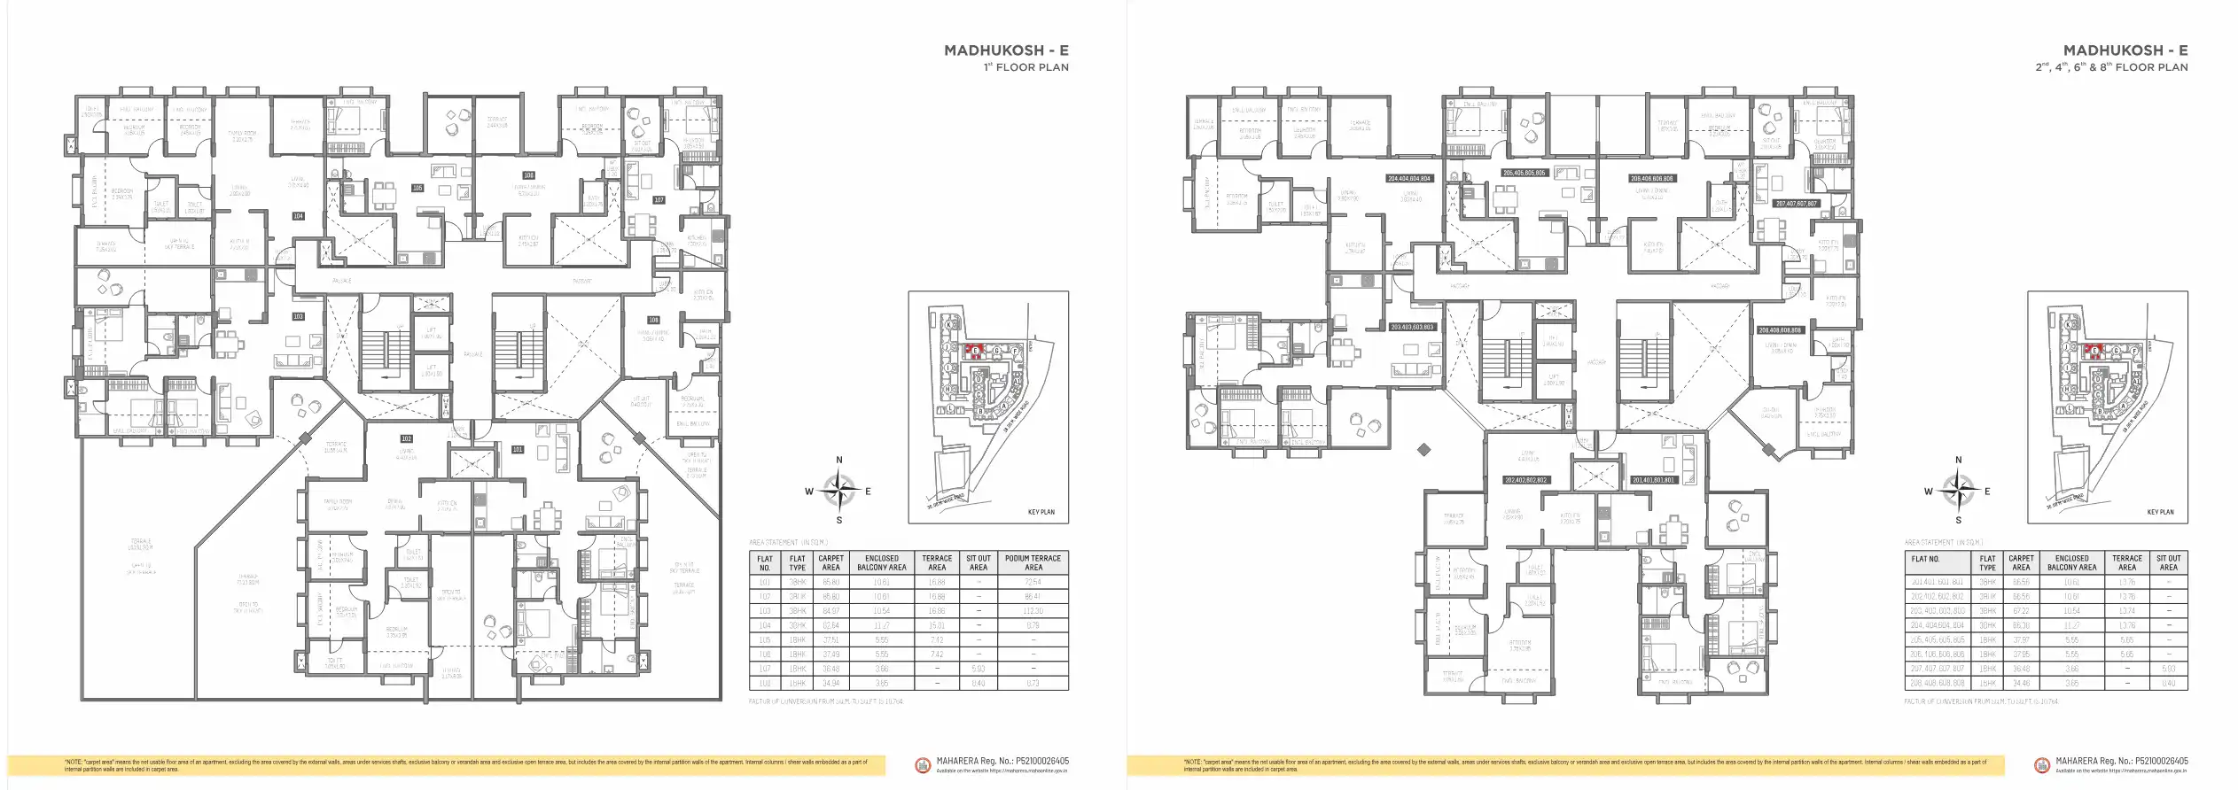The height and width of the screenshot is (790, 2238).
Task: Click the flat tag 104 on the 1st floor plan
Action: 298,216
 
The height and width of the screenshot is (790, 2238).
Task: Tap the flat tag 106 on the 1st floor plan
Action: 528,175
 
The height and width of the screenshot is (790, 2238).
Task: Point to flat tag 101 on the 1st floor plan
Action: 518,450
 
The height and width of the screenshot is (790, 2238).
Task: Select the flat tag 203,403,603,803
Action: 1412,327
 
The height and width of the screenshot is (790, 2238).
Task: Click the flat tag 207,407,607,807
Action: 1797,204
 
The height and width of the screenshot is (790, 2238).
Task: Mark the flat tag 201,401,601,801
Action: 1654,480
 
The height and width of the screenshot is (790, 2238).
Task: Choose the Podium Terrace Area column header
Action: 1033,562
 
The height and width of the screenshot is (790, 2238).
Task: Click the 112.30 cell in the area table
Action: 1033,611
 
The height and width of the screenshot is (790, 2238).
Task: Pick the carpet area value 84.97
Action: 830,611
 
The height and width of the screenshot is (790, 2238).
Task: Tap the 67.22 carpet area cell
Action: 2021,611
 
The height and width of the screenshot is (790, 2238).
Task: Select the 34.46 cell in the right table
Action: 2021,683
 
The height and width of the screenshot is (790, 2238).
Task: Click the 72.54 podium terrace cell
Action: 1033,582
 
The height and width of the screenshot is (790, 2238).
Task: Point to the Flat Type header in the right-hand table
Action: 1988,562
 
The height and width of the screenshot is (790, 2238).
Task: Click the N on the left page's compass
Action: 839,461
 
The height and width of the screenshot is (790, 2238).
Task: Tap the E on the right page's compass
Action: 1987,492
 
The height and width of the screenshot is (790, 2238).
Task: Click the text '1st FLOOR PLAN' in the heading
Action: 1025,67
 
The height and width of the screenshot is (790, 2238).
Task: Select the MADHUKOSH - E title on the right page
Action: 2125,50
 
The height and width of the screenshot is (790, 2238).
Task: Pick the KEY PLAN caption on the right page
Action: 2160,512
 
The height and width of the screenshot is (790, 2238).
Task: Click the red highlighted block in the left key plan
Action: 976,351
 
